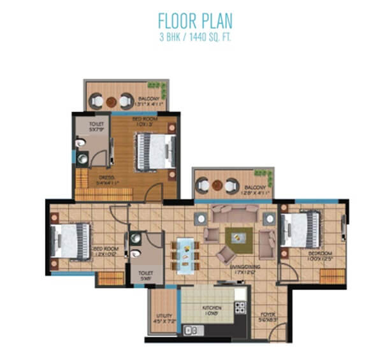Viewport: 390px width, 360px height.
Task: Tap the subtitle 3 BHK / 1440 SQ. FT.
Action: click(195, 37)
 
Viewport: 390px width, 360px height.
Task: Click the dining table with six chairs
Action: click(186, 250)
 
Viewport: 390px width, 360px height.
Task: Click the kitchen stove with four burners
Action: click(240, 308)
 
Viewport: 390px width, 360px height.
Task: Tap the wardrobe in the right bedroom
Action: click(331, 275)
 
